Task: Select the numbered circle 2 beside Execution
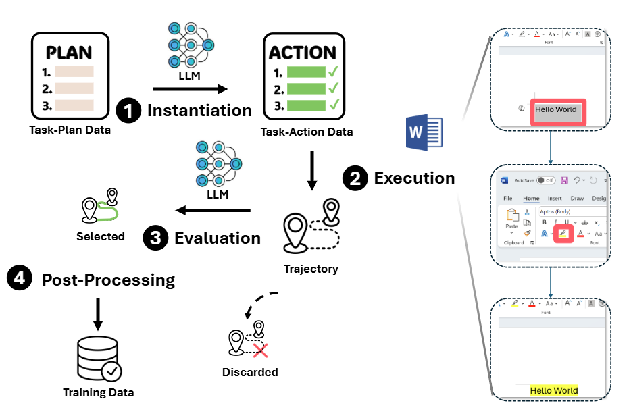[355, 178]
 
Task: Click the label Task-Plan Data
[70, 130]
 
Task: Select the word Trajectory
[311, 269]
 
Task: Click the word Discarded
[249, 372]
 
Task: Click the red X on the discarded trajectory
[259, 348]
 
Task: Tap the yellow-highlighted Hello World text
[554, 390]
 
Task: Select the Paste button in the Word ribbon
[512, 219]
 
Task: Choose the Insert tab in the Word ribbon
[555, 198]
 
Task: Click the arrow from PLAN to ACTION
[190, 88]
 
